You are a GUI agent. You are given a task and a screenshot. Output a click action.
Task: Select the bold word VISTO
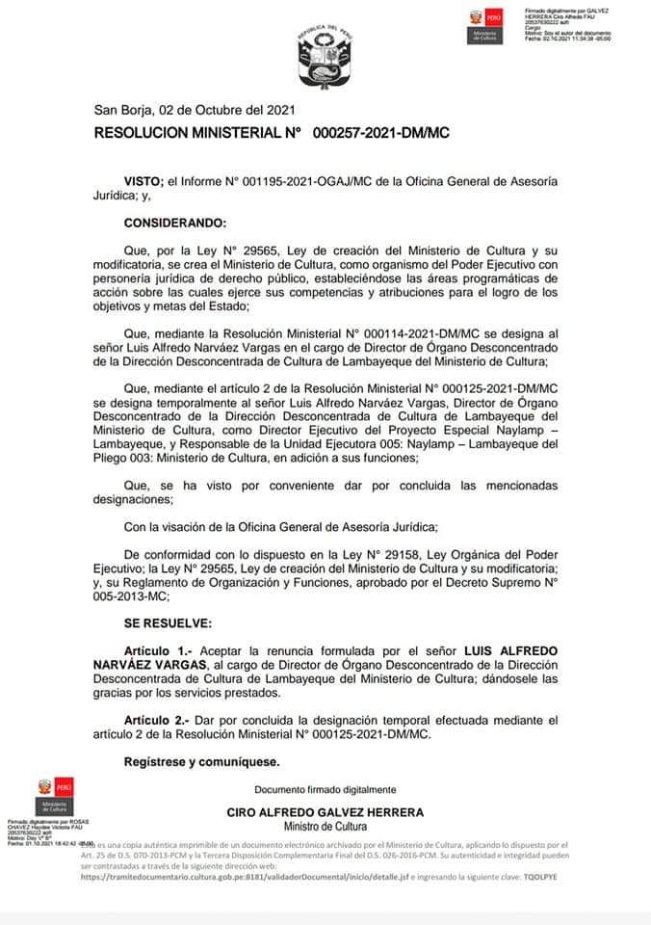(x=143, y=181)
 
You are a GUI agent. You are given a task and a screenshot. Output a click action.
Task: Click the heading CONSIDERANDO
(x=175, y=224)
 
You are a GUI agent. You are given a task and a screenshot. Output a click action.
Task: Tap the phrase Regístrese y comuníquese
(x=202, y=762)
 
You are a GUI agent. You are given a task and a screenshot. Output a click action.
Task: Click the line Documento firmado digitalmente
(x=325, y=789)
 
